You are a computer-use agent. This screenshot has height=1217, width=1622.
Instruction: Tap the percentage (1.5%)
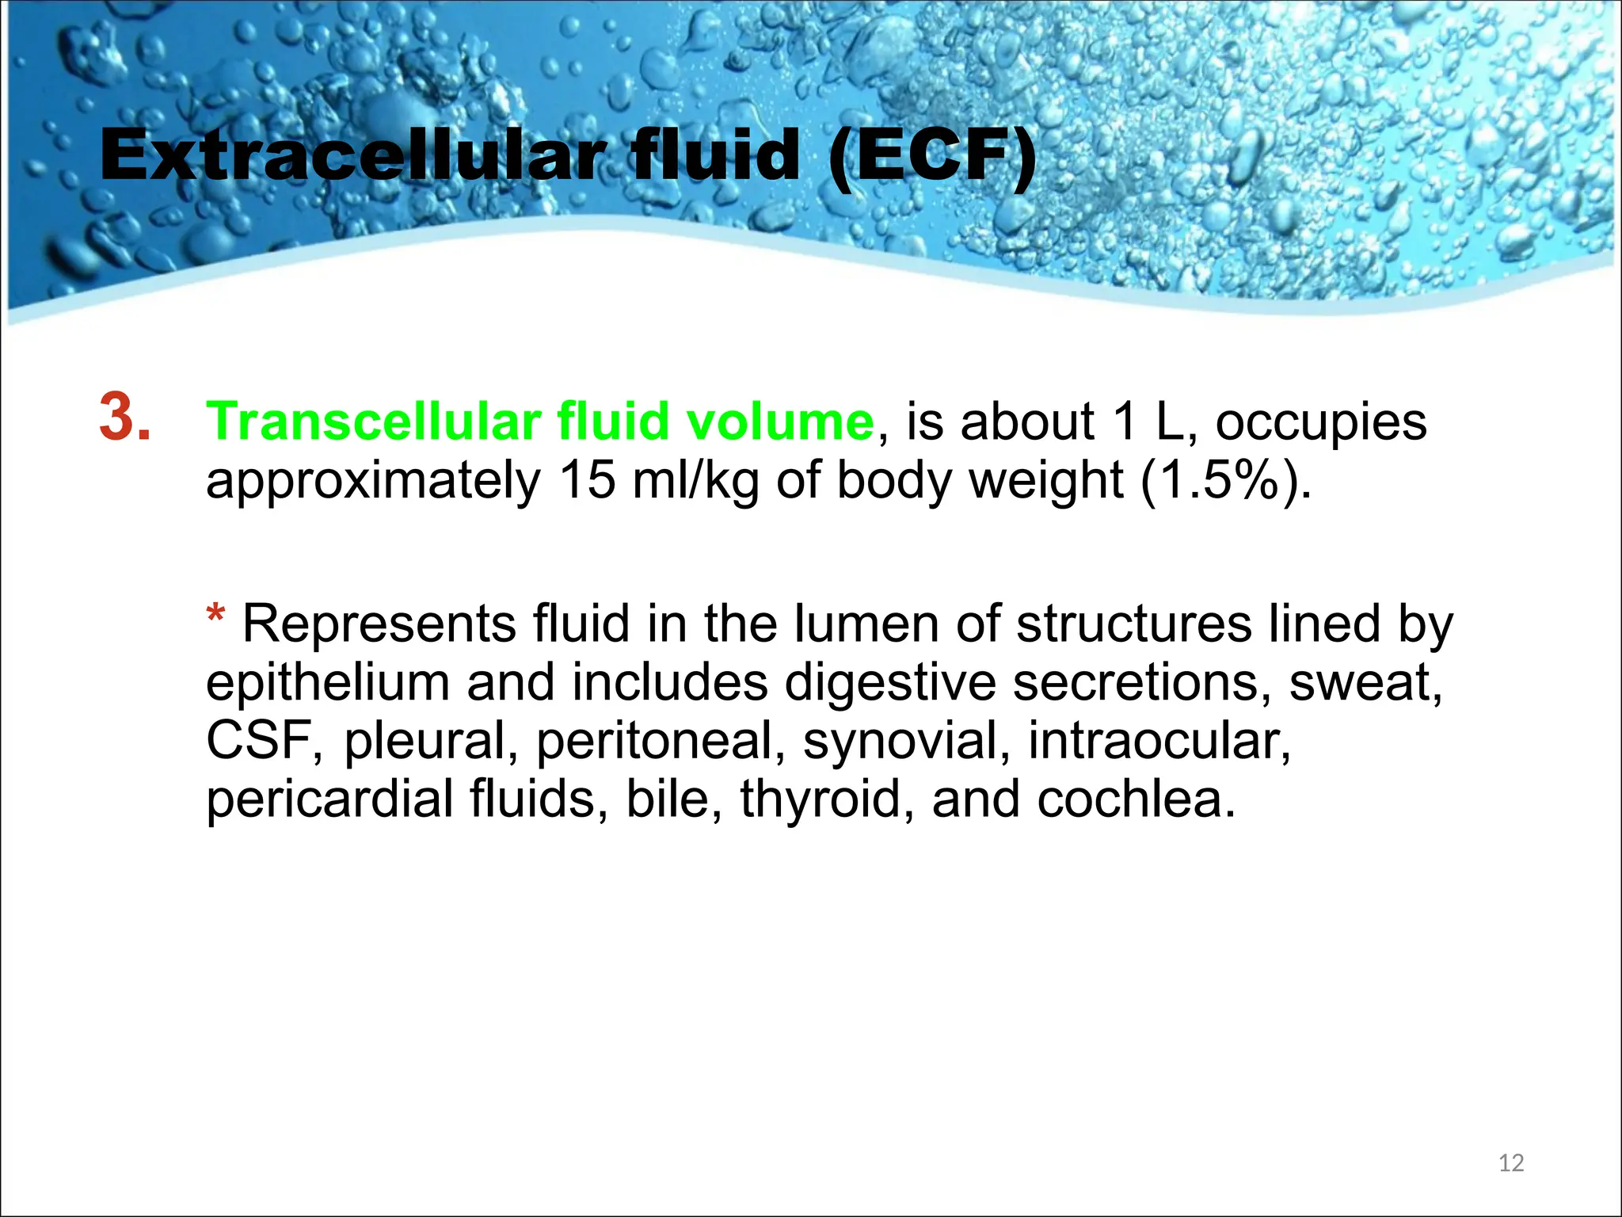1225,481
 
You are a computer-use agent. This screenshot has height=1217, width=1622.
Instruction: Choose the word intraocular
1159,740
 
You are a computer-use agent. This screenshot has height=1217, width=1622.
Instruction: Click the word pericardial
329,799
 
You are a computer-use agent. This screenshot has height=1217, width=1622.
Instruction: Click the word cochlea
1134,799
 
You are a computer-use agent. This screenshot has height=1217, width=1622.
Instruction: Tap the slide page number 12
1511,1163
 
